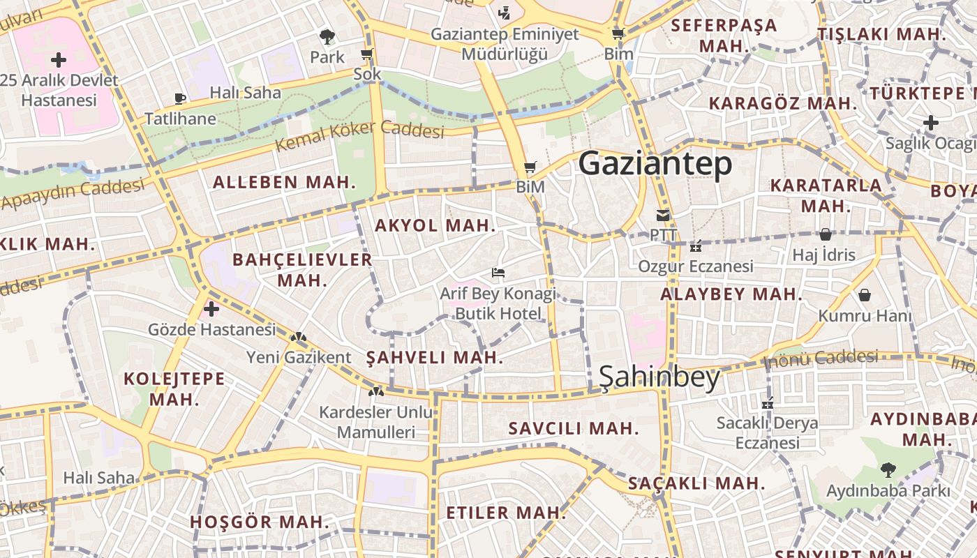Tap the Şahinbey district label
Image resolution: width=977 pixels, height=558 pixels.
659,377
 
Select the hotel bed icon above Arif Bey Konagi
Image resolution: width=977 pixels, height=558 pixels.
498,273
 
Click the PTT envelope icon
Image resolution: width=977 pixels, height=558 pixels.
662,216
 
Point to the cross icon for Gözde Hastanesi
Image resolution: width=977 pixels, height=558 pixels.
211,308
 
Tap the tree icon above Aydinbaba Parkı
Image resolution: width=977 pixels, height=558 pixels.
887,469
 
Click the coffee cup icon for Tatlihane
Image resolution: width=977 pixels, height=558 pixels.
180,98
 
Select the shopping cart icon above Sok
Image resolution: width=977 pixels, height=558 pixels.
367,54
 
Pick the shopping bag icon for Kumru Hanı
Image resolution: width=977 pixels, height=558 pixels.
865,295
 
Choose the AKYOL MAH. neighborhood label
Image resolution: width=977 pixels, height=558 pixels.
435,226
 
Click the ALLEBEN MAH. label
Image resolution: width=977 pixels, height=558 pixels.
284,183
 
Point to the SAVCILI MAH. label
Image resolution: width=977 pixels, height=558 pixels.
574,428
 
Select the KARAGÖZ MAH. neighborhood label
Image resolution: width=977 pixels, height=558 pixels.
782,104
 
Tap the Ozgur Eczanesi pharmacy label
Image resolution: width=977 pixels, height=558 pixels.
695,266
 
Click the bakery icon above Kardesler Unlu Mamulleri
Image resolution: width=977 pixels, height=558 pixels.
376,392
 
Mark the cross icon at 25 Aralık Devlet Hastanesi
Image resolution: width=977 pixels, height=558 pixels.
59,59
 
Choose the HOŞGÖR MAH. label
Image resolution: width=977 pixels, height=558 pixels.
259,522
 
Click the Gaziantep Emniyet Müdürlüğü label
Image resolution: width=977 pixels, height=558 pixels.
505,44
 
